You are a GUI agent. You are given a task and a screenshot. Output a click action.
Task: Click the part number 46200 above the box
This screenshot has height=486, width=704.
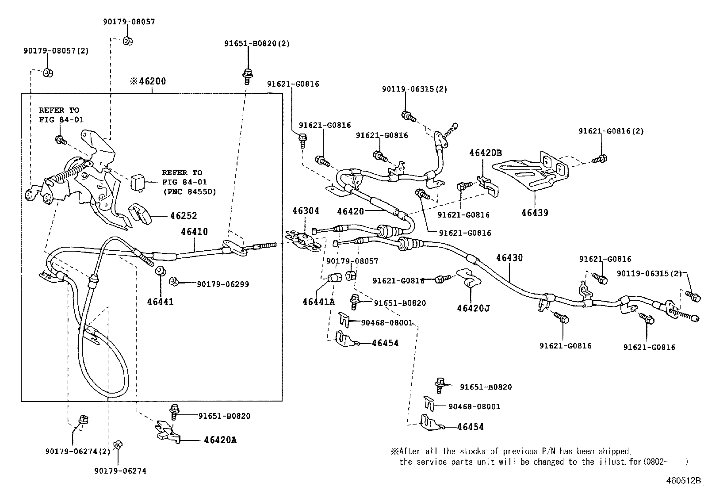[x=152, y=81]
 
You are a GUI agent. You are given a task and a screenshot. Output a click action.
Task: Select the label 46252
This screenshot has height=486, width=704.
[x=184, y=216]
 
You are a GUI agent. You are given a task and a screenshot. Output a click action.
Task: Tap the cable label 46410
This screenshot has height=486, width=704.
[x=194, y=232]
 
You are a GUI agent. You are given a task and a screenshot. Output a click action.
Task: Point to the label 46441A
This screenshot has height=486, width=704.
[x=319, y=302]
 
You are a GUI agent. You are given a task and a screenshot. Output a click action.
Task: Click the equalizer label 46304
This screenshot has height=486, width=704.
[x=306, y=211]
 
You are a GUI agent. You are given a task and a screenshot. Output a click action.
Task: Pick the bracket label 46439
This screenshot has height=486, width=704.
[x=535, y=213]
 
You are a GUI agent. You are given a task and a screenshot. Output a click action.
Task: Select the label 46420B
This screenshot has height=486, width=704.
[x=486, y=153]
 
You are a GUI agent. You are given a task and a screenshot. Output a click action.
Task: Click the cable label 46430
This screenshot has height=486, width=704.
[x=509, y=257]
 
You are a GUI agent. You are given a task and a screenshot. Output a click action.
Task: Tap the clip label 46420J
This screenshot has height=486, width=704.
[x=473, y=308]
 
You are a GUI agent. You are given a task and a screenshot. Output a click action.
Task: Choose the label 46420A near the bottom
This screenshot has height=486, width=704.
[x=220, y=440]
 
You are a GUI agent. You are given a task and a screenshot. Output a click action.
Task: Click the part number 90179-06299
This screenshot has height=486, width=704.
[x=223, y=284]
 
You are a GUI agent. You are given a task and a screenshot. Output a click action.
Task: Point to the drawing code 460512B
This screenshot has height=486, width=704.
[x=684, y=481]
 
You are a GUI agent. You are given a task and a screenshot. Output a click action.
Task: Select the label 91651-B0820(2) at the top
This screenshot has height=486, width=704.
[x=257, y=43]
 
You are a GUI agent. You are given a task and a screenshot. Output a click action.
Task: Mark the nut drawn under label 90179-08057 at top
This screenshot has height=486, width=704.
[x=127, y=41]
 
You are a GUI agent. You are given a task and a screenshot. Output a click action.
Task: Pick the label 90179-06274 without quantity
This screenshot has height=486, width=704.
[x=120, y=471]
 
